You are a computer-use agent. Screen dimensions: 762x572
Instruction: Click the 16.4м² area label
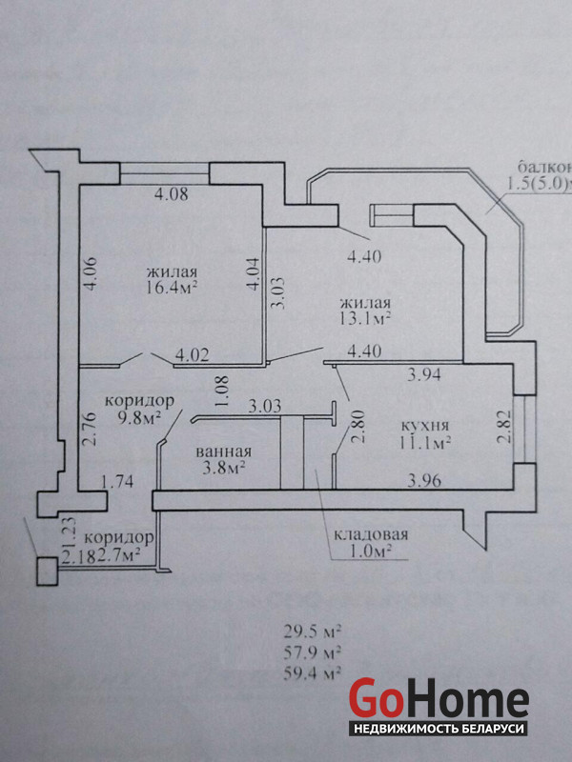coord(173,285)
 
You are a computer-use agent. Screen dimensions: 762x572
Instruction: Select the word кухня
coord(426,425)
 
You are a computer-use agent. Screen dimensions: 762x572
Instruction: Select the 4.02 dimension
coord(192,356)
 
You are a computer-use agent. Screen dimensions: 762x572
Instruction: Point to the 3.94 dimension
coord(424,374)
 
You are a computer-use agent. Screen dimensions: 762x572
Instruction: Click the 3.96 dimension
coord(424,481)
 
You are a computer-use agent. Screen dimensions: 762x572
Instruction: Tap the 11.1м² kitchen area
coord(426,441)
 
